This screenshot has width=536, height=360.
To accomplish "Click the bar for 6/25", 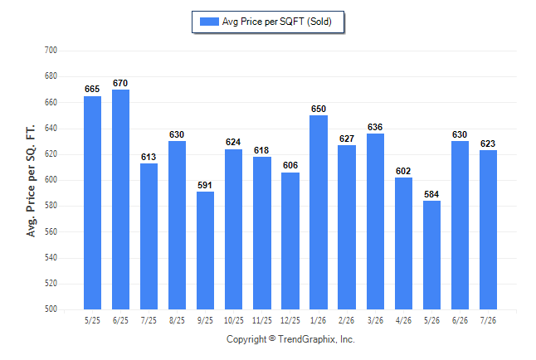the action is [120, 200].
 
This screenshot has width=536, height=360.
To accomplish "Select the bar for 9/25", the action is [205, 251].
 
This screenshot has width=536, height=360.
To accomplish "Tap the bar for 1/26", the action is [319, 212].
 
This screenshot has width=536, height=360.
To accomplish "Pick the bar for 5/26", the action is [431, 255].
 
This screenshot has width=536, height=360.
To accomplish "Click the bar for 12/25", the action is [290, 241].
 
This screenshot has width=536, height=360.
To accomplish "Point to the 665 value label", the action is [92, 90].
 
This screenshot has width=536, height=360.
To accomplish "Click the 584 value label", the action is [431, 195].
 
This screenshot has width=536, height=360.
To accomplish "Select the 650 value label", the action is [319, 109].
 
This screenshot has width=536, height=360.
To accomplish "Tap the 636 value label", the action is [375, 127].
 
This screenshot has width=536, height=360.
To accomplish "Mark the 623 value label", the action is [488, 144].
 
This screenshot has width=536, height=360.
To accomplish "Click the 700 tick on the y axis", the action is [51, 51].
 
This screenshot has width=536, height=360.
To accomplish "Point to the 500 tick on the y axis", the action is [51, 309].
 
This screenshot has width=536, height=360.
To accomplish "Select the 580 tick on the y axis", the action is [51, 206].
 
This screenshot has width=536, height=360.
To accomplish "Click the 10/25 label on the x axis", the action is [234, 321].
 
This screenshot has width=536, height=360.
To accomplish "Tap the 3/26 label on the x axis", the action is [375, 321].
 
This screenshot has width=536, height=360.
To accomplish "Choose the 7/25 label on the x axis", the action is [149, 321].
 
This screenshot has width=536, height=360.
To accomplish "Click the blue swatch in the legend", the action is [209, 22].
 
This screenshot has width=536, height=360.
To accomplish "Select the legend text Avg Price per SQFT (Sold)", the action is [277, 22].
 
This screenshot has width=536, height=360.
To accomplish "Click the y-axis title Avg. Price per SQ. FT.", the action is [31, 181].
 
